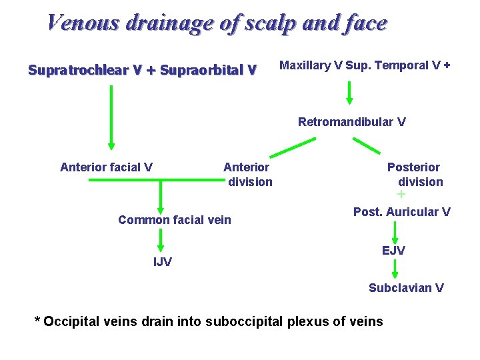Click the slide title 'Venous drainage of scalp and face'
[217, 23]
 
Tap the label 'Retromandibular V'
[351, 122]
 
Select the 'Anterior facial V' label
[106, 167]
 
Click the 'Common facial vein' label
[175, 220]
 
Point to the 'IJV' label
[163, 262]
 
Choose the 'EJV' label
[393, 251]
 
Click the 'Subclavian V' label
[406, 288]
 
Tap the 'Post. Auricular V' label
[401, 212]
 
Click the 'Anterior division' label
[247, 174]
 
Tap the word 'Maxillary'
[305, 65]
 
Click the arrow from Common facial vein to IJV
[161, 239]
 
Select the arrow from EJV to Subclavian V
[395, 269]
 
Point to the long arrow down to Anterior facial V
[111, 117]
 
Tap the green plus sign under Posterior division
[401, 195]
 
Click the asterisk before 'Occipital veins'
[38, 321]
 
